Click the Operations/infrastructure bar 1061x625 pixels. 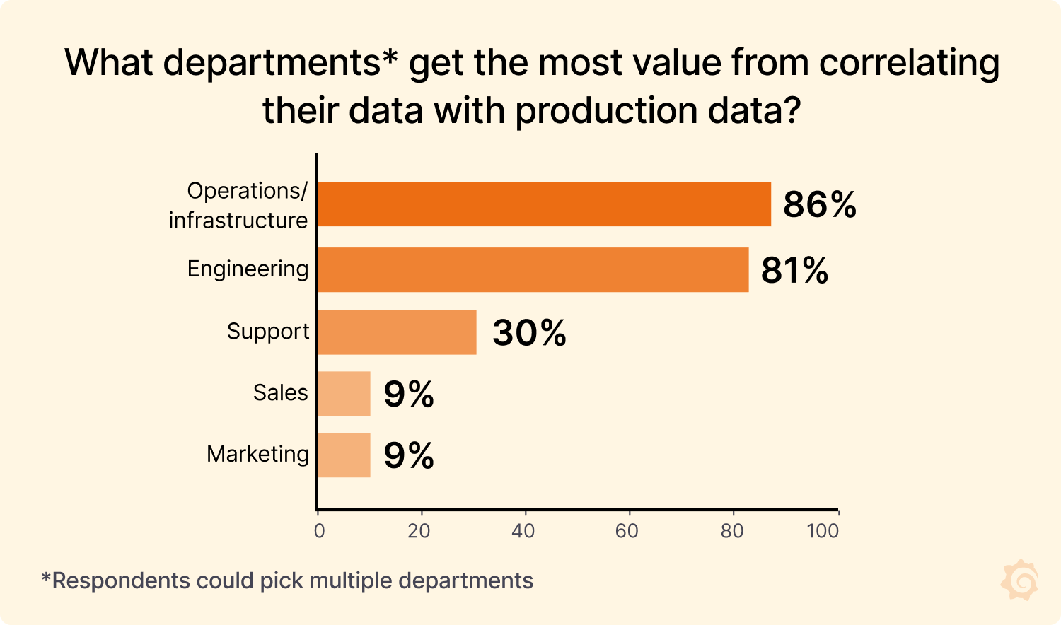[x=544, y=204]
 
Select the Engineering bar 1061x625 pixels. [x=533, y=269]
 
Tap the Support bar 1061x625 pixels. [x=397, y=332]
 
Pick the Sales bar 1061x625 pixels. [x=344, y=394]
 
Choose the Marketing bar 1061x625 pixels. [x=344, y=455]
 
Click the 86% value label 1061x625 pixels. [x=819, y=205]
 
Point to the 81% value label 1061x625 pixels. [x=794, y=271]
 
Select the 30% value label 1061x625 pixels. [x=529, y=333]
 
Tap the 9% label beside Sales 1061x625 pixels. [x=408, y=395]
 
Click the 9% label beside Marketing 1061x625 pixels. [x=408, y=456]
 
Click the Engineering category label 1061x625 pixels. [x=248, y=269]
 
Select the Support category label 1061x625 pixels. [x=267, y=332]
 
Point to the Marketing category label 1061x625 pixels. [x=257, y=454]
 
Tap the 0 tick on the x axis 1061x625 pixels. [x=319, y=531]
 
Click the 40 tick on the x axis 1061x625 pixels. [x=523, y=531]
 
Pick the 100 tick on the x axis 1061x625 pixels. [x=823, y=531]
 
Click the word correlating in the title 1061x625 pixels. [x=909, y=63]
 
